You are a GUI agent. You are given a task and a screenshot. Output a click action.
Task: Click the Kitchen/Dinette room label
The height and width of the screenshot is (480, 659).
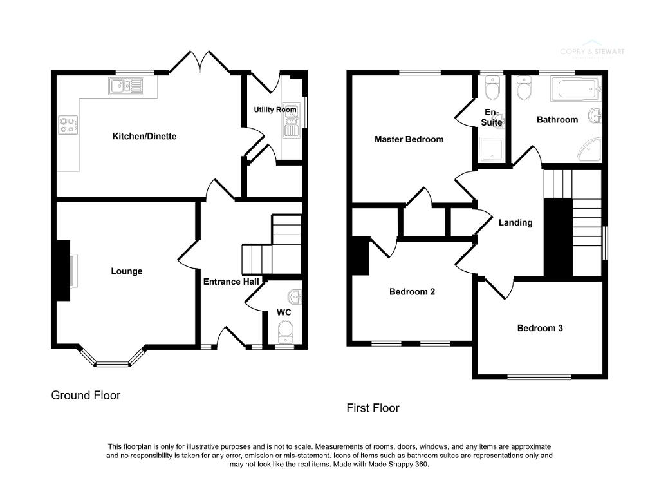tap(144, 137)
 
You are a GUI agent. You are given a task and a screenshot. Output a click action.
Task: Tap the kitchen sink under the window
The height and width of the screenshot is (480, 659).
tap(127, 86)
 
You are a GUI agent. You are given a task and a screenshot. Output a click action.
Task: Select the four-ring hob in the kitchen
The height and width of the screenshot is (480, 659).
tap(68, 123)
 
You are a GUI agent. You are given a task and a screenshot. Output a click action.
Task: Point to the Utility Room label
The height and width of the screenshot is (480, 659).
tap(275, 110)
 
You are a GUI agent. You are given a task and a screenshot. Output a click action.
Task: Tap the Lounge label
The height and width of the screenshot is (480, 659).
tap(126, 271)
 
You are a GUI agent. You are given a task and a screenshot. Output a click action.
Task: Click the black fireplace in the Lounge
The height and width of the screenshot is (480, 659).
tap(63, 271)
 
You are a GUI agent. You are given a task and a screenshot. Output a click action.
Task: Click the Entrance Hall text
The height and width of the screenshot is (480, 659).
tap(231, 282)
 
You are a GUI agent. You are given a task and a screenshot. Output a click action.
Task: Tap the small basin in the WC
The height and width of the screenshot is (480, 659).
tap(295, 297)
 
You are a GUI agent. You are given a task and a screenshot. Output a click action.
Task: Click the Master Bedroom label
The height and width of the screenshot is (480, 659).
tap(409, 139)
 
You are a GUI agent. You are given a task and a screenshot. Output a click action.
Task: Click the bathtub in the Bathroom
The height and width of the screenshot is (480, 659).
tap(575, 88)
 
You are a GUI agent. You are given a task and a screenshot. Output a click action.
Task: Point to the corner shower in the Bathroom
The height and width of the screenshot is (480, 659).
tap(589, 149)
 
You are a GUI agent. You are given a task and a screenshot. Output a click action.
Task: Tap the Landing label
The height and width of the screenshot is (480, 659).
tap(515, 223)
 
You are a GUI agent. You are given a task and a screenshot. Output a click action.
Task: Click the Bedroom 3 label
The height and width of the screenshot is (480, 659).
tap(540, 328)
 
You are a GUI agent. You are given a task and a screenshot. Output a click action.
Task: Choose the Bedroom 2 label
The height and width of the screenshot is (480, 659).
tap(412, 291)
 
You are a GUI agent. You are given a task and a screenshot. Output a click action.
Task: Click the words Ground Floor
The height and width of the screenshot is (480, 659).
tap(86, 396)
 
